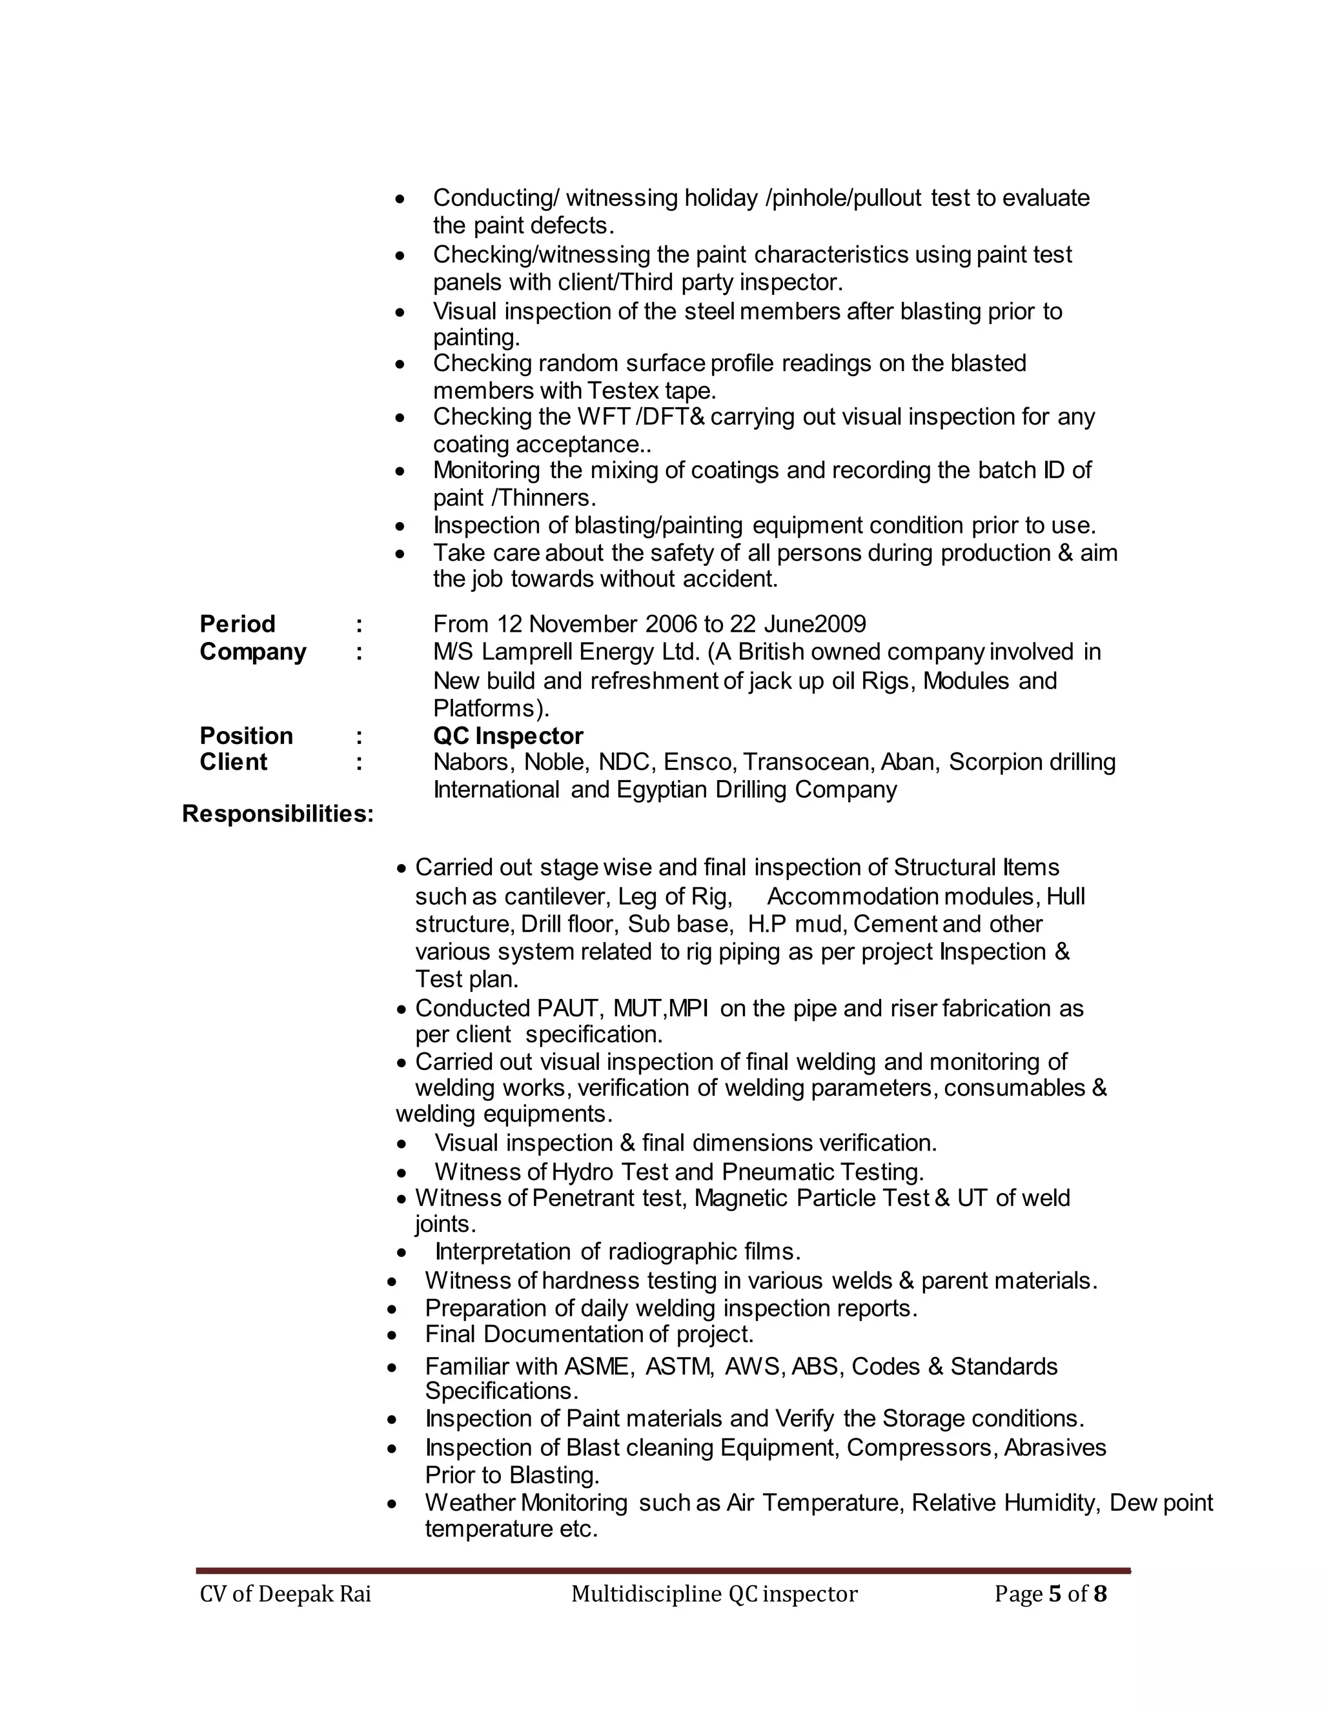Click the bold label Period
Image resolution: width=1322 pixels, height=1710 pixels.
point(238,624)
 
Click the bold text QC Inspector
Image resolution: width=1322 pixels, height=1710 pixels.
point(507,736)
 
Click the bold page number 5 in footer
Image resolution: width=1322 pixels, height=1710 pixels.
point(1053,1594)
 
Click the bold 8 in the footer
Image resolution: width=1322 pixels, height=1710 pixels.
point(1099,1594)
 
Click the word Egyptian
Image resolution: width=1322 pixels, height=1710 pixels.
point(662,789)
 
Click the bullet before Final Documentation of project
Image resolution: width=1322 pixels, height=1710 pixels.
point(392,1335)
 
